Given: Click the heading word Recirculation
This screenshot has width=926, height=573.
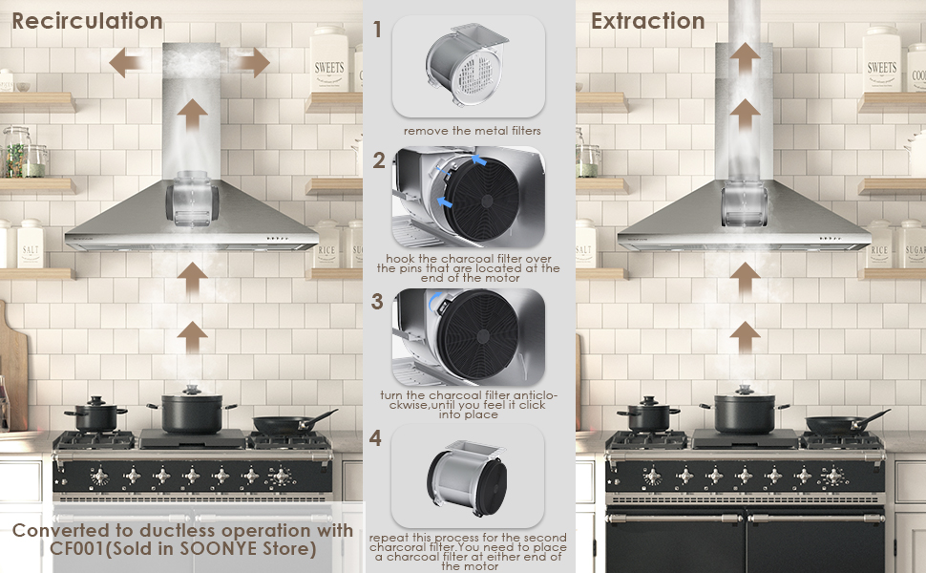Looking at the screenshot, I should pos(87,20).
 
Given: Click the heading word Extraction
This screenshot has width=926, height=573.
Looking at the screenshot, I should pos(647,20).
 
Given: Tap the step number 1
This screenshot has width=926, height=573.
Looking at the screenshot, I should pos(378,30).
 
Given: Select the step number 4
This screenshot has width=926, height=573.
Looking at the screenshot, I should pos(378,439).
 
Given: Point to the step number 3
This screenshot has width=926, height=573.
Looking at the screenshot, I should pos(378,302).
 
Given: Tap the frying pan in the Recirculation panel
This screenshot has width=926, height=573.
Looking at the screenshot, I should pos(286,423).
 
